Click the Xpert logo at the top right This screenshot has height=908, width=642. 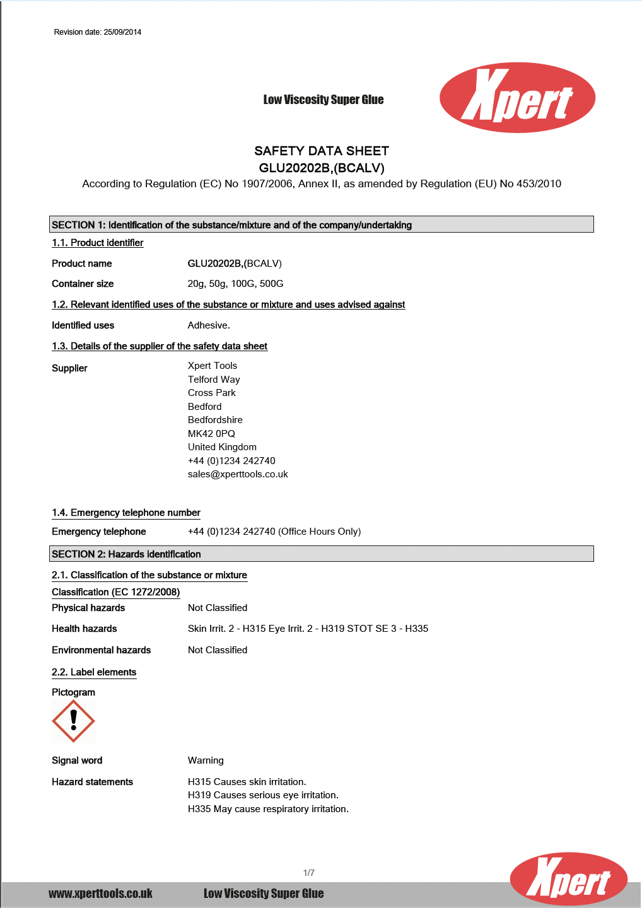517,98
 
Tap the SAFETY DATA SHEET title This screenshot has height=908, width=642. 322,151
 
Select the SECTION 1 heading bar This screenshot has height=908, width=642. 322,224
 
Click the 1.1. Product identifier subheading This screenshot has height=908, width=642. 98,243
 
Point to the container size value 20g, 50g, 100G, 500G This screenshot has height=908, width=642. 235,284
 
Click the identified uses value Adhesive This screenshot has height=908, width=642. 209,325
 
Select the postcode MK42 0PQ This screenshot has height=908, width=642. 211,434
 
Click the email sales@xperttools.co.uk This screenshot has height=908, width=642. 238,474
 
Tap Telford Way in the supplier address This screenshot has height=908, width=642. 214,380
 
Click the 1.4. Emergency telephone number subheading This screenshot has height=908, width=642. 126,513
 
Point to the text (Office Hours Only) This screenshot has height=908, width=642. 320,532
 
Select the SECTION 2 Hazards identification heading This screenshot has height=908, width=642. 322,554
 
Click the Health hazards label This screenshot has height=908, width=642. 85,629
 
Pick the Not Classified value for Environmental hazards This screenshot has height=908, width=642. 218,650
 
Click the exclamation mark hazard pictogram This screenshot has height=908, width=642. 73,721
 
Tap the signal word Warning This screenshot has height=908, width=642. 206,760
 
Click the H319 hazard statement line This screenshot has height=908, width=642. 263,795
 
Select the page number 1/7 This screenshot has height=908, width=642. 309,873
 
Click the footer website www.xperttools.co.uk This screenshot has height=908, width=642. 100,893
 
